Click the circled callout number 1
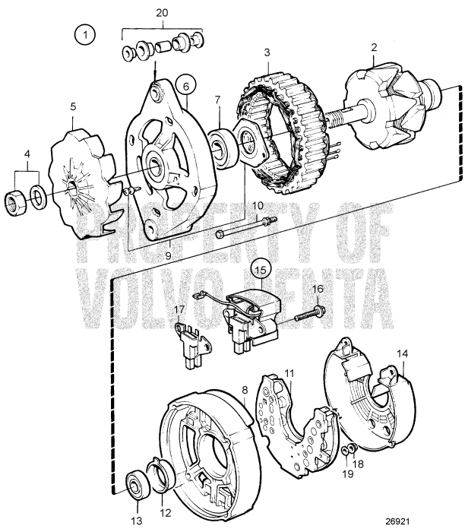point(86,34)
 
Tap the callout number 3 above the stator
point(267,52)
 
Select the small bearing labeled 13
point(138,483)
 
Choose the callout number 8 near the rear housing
point(245,390)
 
